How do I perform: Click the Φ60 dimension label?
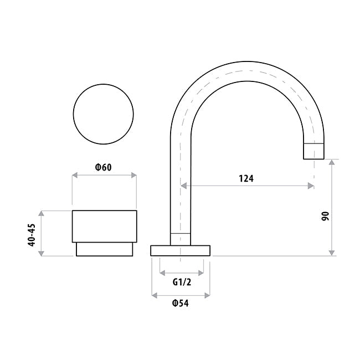point(104,167)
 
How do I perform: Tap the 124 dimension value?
point(246,178)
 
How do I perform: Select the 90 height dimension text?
point(325,216)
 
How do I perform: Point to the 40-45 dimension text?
point(32,235)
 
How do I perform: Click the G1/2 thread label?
point(182,282)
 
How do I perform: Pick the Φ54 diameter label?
point(181,304)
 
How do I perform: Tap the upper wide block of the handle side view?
point(105,227)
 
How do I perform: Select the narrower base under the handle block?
point(105,249)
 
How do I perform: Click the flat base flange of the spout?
point(181,251)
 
